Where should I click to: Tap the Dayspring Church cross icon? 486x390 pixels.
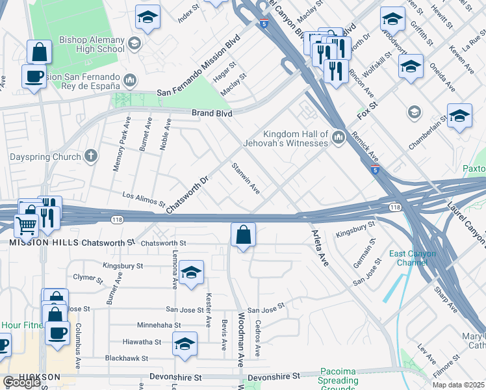click(91, 156)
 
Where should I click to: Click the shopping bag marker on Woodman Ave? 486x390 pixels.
click(243, 235)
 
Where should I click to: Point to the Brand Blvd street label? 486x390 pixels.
click(212, 112)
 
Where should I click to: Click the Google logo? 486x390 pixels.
click(21, 382)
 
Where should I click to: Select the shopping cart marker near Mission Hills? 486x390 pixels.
click(26, 225)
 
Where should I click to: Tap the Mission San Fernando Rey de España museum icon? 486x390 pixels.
click(129, 81)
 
